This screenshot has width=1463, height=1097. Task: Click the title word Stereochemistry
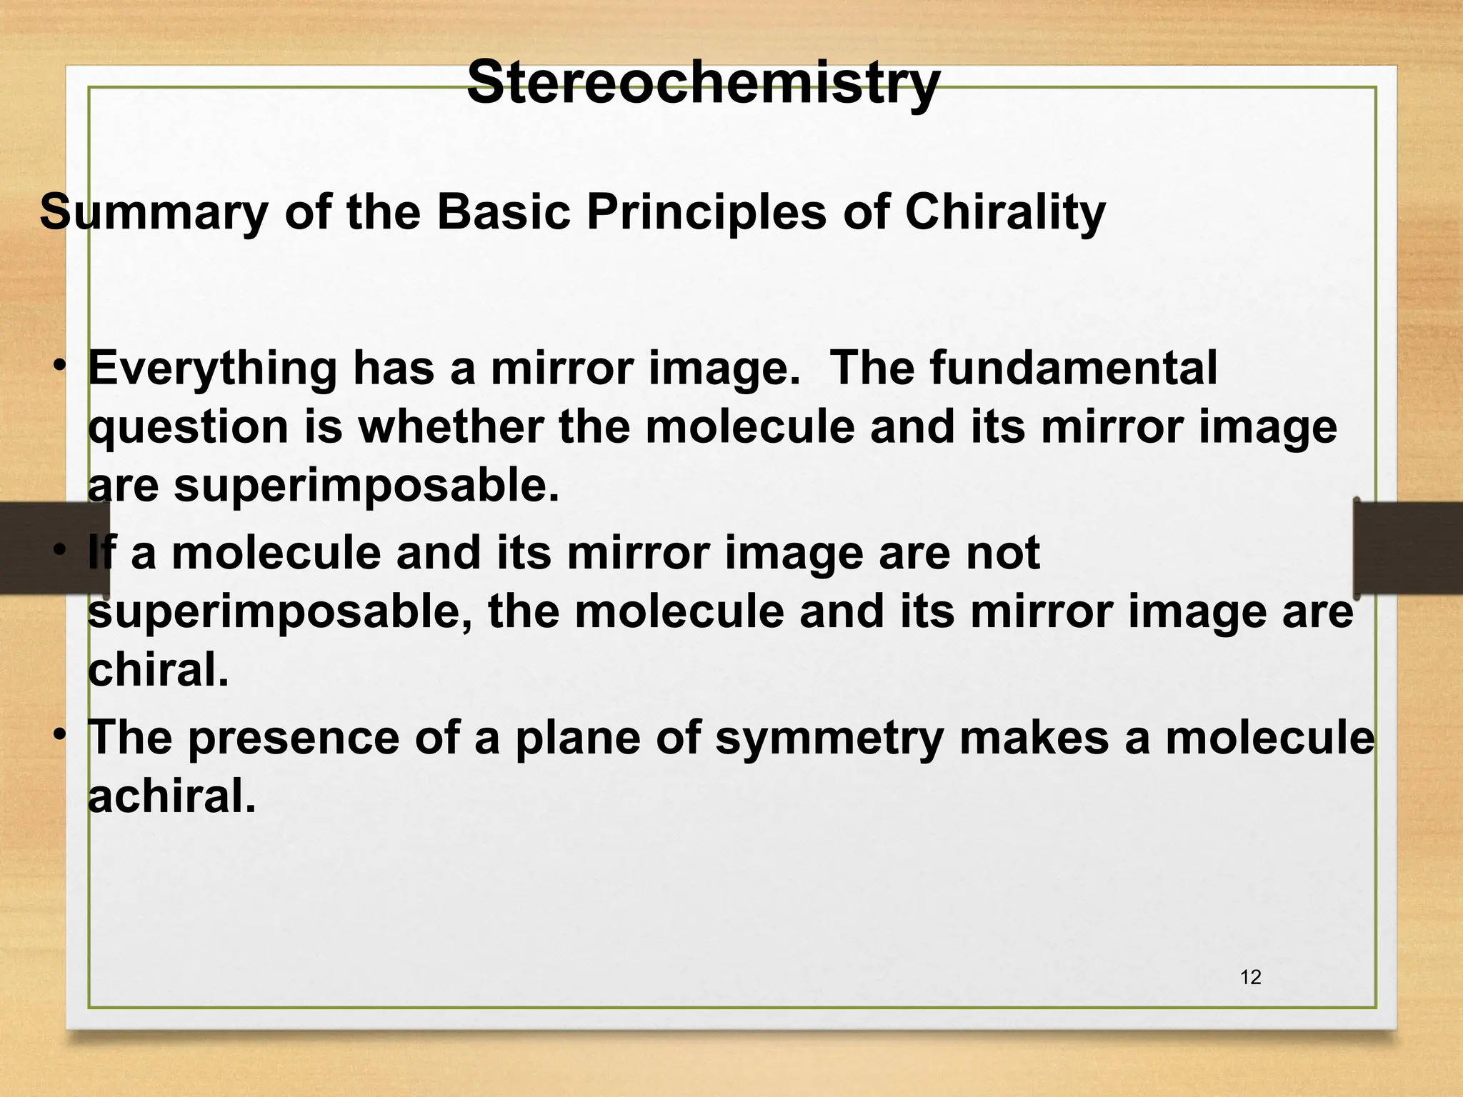pos(703,83)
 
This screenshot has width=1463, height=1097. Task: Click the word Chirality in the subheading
pos(1005,213)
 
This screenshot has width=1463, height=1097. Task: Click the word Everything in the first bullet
pos(212,369)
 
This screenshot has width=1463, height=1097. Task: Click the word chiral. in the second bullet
pos(158,671)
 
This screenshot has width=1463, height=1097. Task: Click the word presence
pos(294,738)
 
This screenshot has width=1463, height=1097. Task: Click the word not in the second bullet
pos(1002,553)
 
